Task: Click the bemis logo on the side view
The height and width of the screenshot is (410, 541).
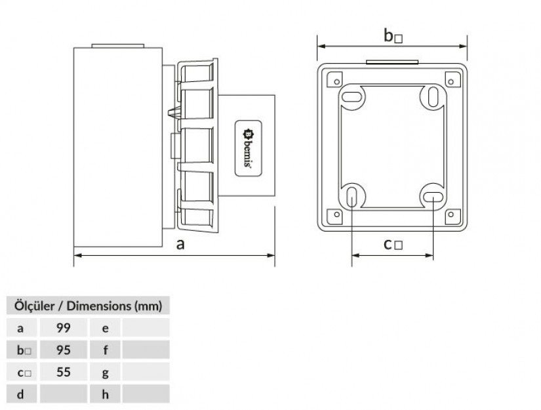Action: [x=248, y=148]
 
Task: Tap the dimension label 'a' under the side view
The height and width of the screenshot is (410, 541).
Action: [x=180, y=244]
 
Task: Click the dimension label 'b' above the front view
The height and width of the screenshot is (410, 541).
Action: [x=388, y=35]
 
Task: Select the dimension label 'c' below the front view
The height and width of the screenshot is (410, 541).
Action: [x=388, y=244]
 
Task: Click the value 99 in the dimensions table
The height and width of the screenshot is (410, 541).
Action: [x=64, y=328]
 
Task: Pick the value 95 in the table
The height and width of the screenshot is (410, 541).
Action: [x=64, y=350]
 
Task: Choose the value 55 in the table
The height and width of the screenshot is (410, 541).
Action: [x=64, y=372]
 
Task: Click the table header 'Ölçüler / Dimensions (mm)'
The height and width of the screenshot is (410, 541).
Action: [x=88, y=306]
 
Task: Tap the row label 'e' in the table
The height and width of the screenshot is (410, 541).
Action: [x=105, y=329]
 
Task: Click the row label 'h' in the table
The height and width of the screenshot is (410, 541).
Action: [x=105, y=394]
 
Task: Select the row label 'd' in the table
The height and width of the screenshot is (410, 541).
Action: [x=21, y=394]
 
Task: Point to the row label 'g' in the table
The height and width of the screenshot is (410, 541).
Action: [x=105, y=373]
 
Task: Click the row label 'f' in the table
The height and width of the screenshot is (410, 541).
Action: [x=105, y=350]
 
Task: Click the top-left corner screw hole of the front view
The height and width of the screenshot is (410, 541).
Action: [x=337, y=82]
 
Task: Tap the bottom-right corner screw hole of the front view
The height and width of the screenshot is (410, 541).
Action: [x=451, y=215]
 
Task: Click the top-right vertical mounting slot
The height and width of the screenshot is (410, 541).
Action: [x=433, y=97]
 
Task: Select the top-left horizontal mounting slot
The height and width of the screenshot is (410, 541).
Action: [x=351, y=97]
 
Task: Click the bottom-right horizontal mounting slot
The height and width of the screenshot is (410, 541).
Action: [x=433, y=197]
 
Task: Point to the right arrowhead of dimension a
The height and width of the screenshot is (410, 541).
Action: [x=271, y=255]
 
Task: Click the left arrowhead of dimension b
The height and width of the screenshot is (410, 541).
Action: [x=321, y=46]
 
